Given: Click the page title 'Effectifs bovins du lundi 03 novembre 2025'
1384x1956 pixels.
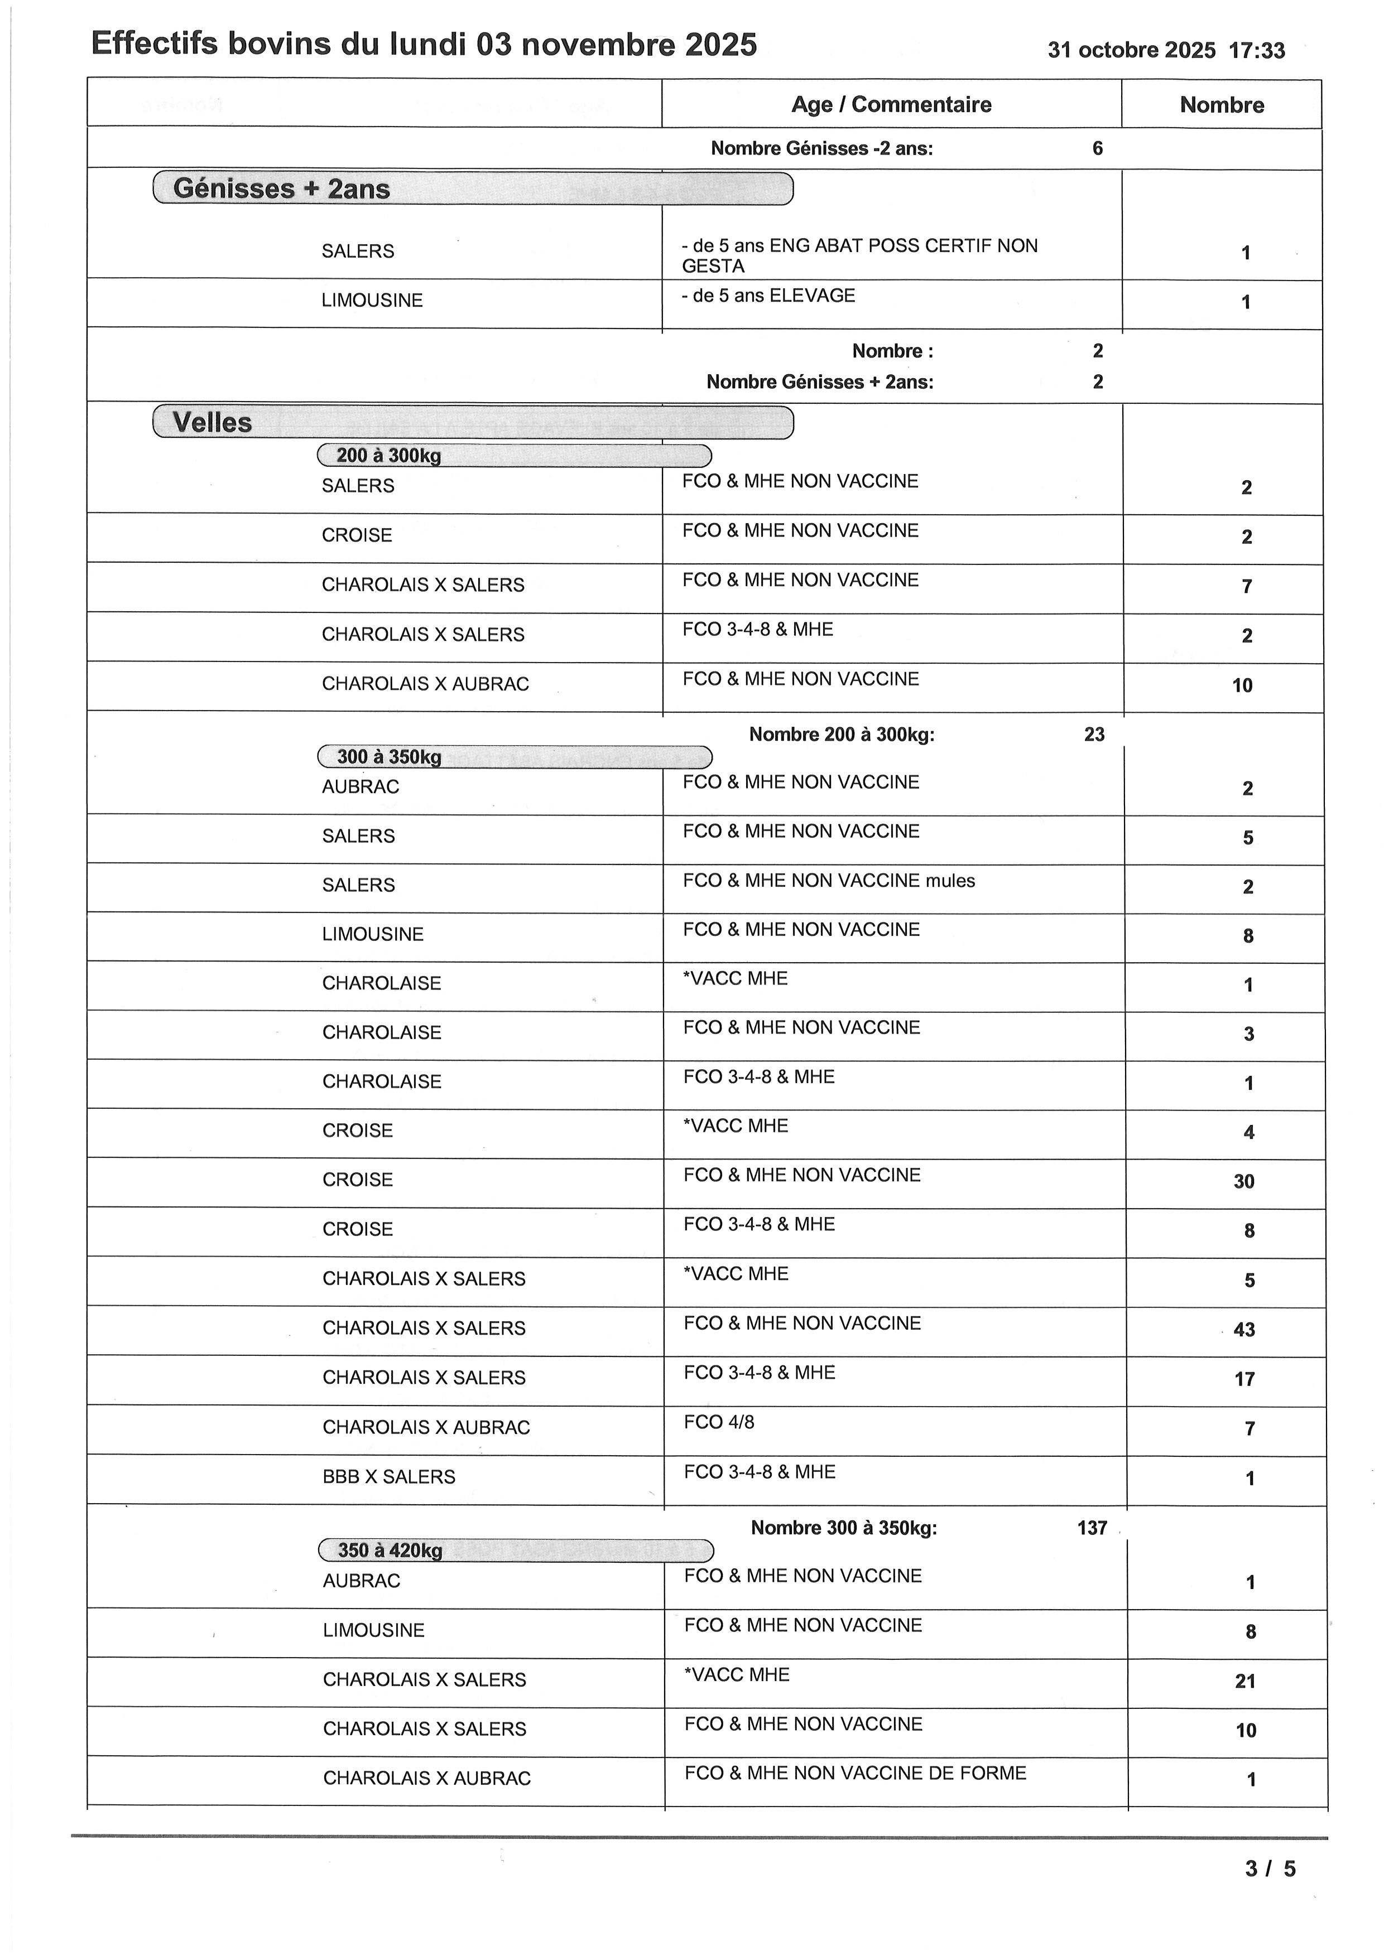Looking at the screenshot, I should tap(424, 44).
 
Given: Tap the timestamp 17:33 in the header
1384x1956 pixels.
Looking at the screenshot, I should tap(1256, 51).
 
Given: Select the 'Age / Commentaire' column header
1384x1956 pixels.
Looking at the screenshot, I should tap(891, 105).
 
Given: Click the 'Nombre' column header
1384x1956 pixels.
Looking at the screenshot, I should tap(1221, 105).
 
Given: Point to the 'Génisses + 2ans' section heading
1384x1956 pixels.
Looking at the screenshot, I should tap(281, 189).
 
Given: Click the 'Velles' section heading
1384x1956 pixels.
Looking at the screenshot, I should tap(212, 423).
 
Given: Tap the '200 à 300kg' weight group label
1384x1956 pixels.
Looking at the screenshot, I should tap(388, 456).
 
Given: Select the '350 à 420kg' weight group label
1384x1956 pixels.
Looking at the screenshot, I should tap(390, 1551).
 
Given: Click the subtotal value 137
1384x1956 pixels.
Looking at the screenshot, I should tap(1092, 1528).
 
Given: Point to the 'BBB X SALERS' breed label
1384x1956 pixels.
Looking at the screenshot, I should tap(388, 1477).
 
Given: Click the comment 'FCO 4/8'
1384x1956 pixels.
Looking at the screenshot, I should tap(718, 1423).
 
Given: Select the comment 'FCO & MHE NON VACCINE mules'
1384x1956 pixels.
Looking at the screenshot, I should tap(828, 881).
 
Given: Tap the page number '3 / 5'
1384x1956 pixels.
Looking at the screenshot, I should tap(1270, 1869).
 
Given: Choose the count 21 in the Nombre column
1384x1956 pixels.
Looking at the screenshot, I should tap(1244, 1682).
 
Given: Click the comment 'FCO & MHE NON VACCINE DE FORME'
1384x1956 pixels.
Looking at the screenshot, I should tap(855, 1774).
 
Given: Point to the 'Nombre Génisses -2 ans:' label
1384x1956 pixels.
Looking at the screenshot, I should tap(821, 149).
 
